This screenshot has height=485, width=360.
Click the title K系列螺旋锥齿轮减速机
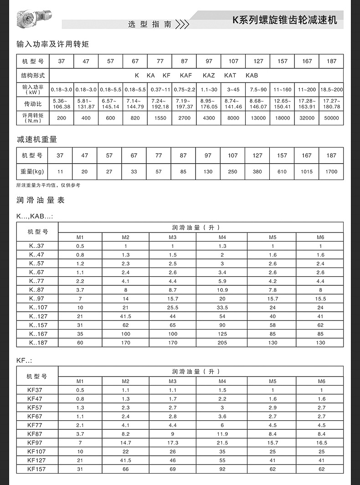tap(285, 20)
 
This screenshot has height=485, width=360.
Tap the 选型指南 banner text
tap(150, 24)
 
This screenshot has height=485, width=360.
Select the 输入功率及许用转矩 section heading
tap(52, 44)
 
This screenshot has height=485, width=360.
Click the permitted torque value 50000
tap(331, 118)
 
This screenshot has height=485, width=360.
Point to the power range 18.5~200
tap(331, 90)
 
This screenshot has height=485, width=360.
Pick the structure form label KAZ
tap(209, 75)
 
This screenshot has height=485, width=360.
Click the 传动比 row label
tap(33, 104)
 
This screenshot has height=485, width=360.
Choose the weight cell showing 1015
tap(307, 172)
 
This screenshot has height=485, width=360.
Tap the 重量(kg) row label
tap(33, 172)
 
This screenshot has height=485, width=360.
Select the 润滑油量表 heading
tap(40, 200)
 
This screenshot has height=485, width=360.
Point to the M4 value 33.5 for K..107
tap(222, 308)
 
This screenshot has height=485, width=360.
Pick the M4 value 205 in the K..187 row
tap(222, 343)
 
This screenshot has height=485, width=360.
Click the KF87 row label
tap(35, 434)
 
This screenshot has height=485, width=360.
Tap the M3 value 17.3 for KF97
tap(173, 443)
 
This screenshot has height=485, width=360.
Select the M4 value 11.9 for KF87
tap(222, 434)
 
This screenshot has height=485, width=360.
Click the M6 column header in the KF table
tap(321, 381)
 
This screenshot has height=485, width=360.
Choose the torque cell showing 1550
tap(159, 118)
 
